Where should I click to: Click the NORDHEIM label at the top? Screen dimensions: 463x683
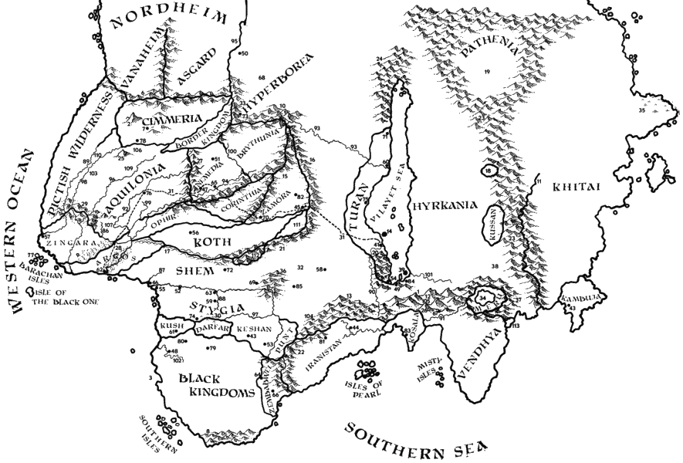[x=172, y=19]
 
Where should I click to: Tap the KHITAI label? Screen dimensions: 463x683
[x=572, y=186]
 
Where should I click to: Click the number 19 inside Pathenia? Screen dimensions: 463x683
[x=487, y=72]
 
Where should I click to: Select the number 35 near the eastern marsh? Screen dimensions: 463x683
[x=641, y=110]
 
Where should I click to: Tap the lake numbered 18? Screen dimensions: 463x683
[x=489, y=171]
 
